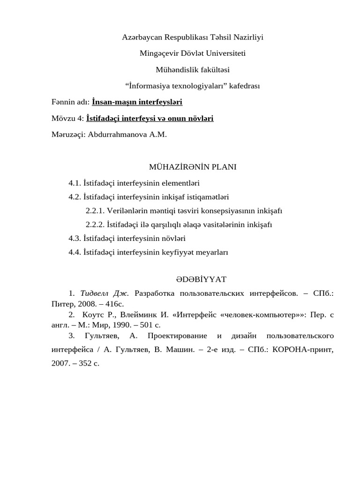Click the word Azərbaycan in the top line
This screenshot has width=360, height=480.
(142, 37)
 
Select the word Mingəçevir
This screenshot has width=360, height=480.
(157, 53)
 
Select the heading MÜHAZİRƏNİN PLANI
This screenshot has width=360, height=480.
(193, 167)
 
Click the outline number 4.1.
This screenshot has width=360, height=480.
(75, 183)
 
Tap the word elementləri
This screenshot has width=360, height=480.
(180, 183)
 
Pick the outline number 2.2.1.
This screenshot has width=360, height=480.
(95, 210)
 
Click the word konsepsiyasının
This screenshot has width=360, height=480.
(222, 210)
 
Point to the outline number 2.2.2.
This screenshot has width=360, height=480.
(95, 225)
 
